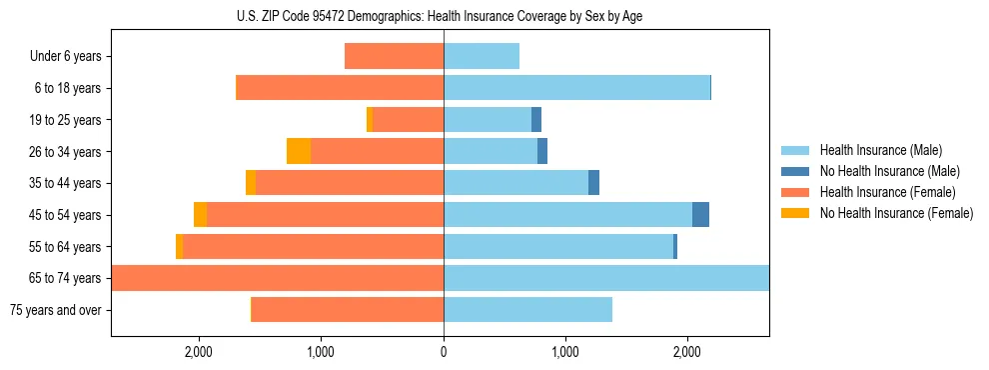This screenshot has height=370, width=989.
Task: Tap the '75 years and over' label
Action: point(55,310)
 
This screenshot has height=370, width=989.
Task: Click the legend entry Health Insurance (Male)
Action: point(880,150)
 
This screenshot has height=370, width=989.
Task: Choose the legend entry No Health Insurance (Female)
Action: point(896,213)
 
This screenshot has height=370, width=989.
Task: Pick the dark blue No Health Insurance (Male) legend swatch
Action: point(795,171)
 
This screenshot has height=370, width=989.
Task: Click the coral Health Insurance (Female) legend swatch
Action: point(795,192)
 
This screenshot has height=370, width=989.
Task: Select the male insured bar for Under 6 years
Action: point(482,57)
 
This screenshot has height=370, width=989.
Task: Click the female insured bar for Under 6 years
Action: point(395,57)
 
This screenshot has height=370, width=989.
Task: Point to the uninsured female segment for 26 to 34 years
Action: point(299,151)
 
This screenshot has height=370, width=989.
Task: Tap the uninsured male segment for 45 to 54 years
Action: point(700,214)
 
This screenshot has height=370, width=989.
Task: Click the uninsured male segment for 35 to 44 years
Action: point(593,183)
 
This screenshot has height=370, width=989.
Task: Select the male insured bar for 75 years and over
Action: point(527,310)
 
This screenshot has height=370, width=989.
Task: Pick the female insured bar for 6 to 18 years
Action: point(340,88)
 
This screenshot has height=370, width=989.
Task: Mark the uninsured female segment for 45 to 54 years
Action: point(200,214)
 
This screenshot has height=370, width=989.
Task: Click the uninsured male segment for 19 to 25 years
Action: point(536,120)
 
